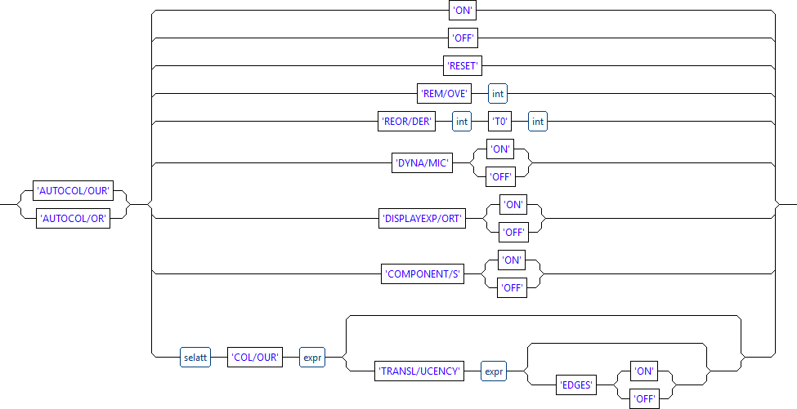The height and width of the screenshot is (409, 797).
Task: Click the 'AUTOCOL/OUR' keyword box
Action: coord(74,191)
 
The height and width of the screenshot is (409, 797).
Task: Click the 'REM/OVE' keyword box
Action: coord(444,94)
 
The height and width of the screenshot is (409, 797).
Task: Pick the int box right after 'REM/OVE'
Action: coord(498,94)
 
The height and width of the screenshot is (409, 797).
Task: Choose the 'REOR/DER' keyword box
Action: coord(405,122)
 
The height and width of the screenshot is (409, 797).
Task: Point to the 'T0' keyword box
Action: coord(499,122)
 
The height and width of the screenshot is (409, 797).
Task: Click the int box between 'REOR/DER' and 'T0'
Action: coord(463,122)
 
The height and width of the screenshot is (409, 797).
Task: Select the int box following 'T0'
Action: coord(537,122)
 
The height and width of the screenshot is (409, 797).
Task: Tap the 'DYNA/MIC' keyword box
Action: coord(423,163)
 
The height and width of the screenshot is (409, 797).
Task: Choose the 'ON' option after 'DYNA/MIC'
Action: coord(499,149)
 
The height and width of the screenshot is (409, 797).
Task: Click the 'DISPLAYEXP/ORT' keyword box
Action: coord(422,219)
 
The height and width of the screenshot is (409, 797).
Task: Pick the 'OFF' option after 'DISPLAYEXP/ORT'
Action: coord(513,233)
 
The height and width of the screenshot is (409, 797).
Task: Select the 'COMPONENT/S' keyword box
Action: coord(423,274)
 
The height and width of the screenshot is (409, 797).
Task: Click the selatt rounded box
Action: coord(195,358)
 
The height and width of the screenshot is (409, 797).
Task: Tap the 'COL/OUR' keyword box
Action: coord(253,358)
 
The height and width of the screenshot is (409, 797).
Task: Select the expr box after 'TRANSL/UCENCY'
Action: coord(493,371)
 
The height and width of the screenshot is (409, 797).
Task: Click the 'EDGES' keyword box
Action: coord(577,384)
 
